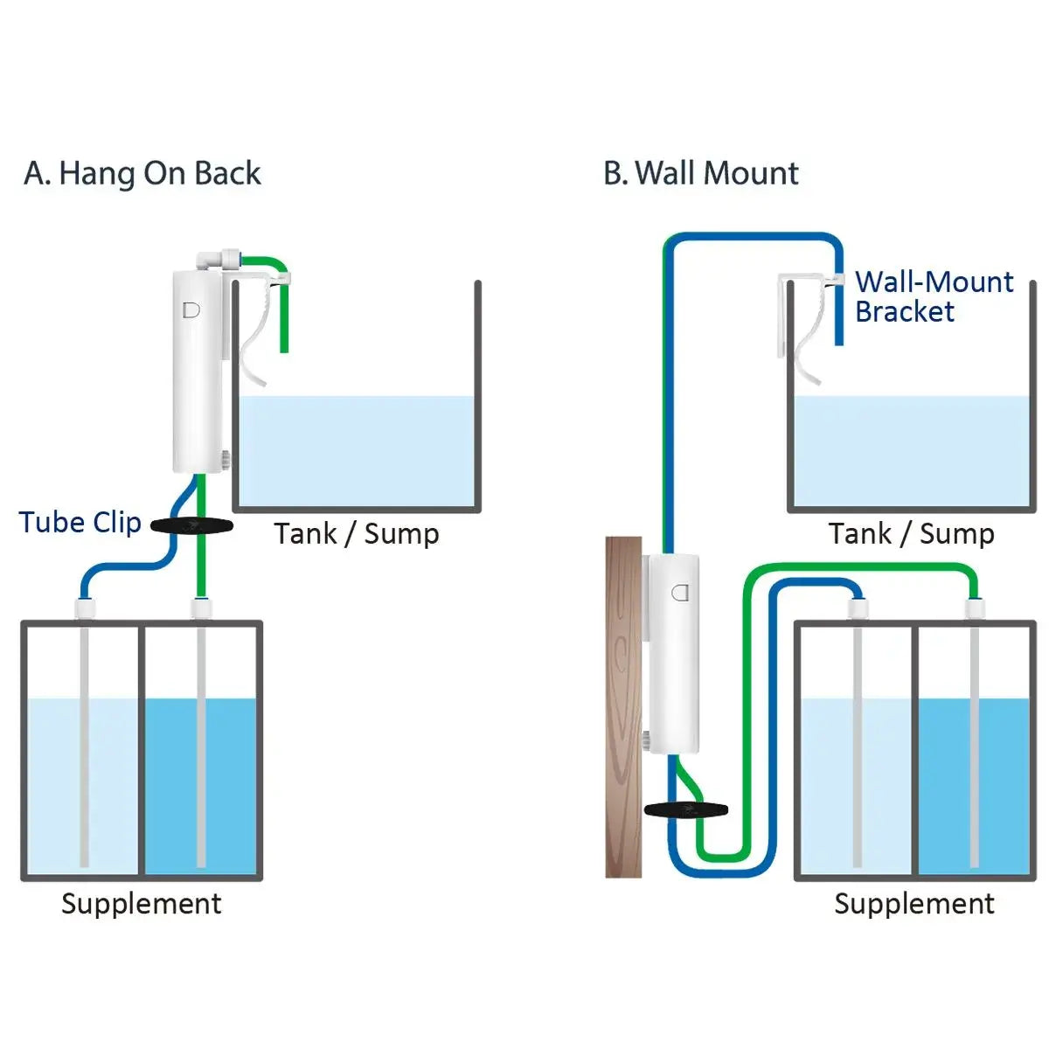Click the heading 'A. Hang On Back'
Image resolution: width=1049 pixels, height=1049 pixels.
coord(142,173)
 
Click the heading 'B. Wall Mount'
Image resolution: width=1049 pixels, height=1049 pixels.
coord(701,173)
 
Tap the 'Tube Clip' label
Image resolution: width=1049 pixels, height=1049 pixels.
coord(80,522)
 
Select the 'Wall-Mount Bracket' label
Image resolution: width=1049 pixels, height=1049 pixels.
coord(934,296)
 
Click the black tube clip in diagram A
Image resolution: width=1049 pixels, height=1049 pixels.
coord(191,525)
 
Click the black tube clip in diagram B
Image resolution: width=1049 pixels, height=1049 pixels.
coord(686,809)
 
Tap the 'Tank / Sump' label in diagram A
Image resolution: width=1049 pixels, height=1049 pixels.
coord(357,533)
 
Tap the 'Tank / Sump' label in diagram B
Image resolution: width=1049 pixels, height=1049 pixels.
coord(912,533)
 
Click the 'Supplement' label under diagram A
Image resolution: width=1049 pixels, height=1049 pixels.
coord(142,903)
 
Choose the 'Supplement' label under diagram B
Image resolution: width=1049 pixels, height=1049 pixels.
coord(914,903)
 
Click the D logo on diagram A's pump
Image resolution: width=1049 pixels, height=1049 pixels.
coord(191,309)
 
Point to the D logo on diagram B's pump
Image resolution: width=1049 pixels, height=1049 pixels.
coord(680,593)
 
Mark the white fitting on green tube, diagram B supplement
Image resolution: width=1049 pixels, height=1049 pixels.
coord(975,609)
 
